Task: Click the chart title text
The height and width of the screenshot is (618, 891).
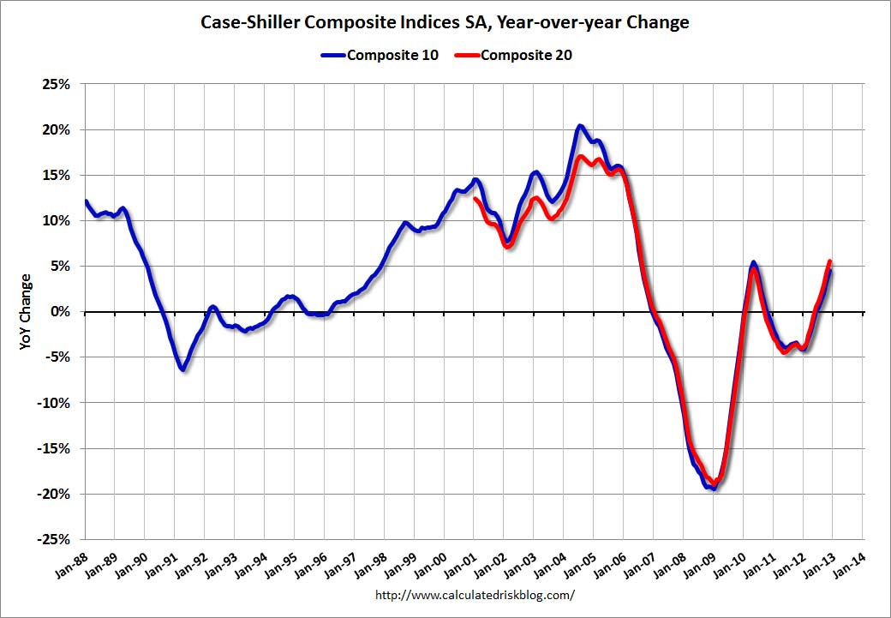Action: click(445, 23)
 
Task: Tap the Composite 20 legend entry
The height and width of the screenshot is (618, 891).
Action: click(526, 56)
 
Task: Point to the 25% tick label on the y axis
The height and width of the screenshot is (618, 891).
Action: click(54, 84)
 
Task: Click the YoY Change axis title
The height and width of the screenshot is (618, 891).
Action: click(25, 311)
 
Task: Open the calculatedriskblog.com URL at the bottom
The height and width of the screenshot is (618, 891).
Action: click(475, 594)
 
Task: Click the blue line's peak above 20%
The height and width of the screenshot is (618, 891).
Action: click(580, 126)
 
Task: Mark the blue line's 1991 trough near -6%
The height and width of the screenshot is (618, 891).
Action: click(182, 369)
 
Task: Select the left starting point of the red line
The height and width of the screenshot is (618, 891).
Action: click(475, 199)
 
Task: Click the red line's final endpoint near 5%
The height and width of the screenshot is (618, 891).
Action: click(829, 261)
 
